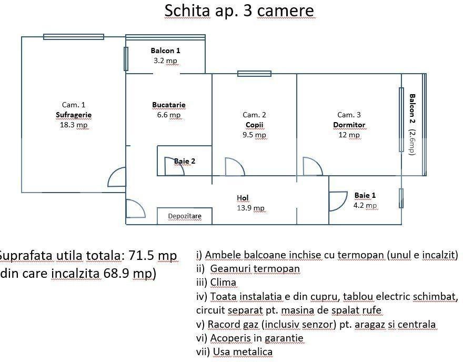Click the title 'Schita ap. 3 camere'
coord(239,11)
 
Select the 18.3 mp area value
coord(74,125)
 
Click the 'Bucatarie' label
coord(168,105)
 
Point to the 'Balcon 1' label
coord(165,51)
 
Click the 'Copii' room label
coord(254,125)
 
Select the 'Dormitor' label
coord(349,125)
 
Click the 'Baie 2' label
coord(185,161)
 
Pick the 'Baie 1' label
coord(365,195)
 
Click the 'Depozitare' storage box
coord(184,216)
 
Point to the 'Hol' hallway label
coord(243,198)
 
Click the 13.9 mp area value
coord(251,208)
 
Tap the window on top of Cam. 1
coord(74,36)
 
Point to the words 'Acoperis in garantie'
coord(257,338)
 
